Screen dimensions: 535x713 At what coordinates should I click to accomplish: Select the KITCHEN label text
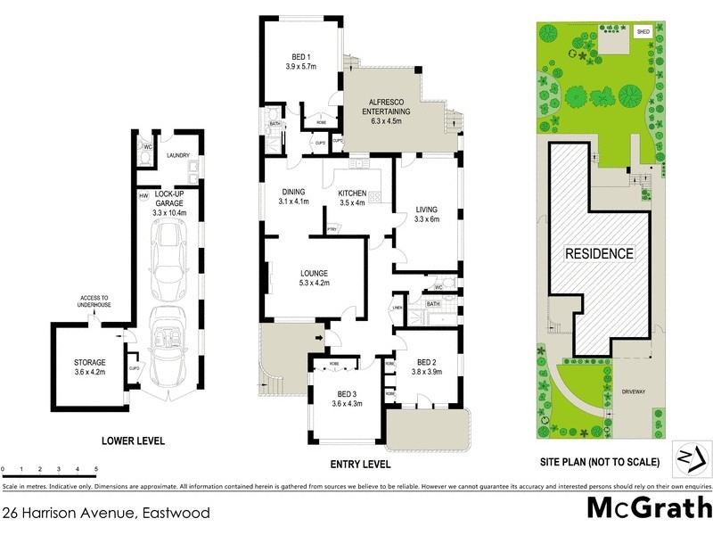click(353, 196)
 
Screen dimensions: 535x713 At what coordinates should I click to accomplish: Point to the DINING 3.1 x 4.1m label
click(293, 196)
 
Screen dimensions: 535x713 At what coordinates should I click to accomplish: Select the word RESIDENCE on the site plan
click(600, 253)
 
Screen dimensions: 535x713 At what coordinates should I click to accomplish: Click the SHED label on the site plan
click(643, 31)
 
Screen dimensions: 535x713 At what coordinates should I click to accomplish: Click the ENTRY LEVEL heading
click(361, 465)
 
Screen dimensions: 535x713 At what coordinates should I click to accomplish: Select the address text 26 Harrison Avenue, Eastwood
click(106, 513)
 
